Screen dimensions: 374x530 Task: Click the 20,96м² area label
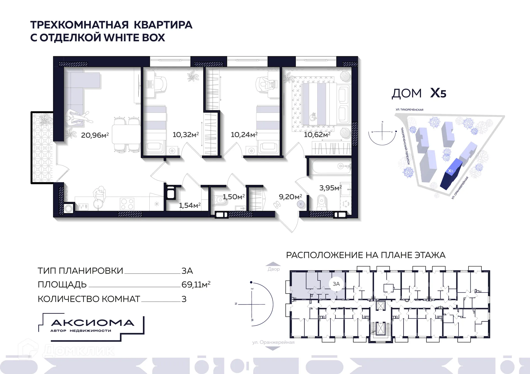pyautogui.click(x=95, y=135)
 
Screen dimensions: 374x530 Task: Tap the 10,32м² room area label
pyautogui.click(x=185, y=134)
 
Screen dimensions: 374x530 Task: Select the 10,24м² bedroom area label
pyautogui.click(x=244, y=134)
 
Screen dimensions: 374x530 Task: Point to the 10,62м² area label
pyautogui.click(x=317, y=134)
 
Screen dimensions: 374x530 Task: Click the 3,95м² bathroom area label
pyautogui.click(x=330, y=188)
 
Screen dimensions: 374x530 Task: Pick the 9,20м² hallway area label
pyautogui.click(x=290, y=197)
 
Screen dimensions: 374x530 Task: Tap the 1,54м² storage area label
pyautogui.click(x=190, y=205)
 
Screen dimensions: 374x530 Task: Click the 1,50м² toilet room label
pyautogui.click(x=234, y=197)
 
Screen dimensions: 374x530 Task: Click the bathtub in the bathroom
pyautogui.click(x=330, y=166)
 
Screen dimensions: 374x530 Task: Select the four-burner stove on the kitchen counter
pyautogui.click(x=127, y=204)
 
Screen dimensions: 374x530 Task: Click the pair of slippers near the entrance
pyautogui.click(x=277, y=205)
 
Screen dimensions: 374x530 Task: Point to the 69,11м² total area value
pyautogui.click(x=196, y=284)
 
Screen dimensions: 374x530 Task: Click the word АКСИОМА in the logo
pyautogui.click(x=93, y=323)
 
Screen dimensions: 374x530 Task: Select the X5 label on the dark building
pyautogui.click(x=451, y=171)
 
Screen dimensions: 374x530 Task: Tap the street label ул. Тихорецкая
pyautogui.click(x=409, y=110)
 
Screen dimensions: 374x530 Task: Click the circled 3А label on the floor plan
pyautogui.click(x=336, y=284)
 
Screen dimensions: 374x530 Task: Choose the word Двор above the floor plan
pyautogui.click(x=274, y=269)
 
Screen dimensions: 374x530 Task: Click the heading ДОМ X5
pyautogui.click(x=419, y=93)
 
